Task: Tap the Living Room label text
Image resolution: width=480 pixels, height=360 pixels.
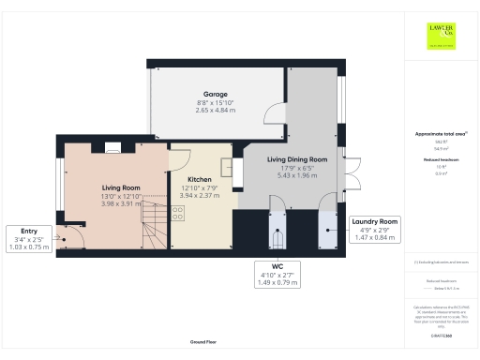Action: click(x=120, y=187)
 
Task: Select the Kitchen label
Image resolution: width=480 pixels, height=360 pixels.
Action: click(x=198, y=178)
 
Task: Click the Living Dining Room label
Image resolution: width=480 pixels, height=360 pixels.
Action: click(x=290, y=160)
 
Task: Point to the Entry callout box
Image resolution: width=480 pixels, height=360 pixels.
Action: click(x=28, y=238)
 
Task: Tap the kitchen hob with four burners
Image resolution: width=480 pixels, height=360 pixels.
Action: click(x=178, y=214)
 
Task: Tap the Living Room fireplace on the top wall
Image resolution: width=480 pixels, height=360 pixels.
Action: click(x=111, y=146)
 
